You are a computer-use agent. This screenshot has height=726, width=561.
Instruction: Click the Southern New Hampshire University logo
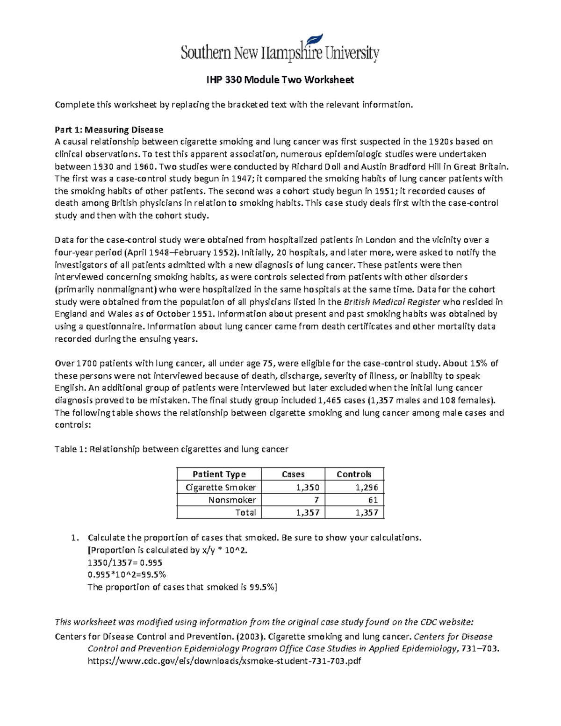[280, 49]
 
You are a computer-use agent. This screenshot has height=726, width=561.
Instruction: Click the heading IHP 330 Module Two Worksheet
[280, 80]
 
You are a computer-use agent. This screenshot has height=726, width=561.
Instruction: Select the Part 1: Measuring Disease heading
[109, 129]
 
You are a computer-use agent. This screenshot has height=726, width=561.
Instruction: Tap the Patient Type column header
[219, 474]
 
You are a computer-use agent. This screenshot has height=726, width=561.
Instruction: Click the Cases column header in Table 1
[293, 474]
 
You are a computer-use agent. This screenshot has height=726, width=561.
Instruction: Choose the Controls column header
[354, 474]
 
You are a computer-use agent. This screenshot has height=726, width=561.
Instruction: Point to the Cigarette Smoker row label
[221, 487]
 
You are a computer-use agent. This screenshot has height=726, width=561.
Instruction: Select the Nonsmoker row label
[232, 500]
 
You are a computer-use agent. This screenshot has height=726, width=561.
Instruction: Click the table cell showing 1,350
[308, 487]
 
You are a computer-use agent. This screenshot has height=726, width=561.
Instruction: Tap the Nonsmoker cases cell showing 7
[316, 500]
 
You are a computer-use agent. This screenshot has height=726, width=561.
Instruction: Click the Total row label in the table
[245, 512]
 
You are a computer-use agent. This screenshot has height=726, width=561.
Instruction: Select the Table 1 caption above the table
[172, 449]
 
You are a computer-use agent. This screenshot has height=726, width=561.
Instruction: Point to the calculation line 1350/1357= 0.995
[125, 562]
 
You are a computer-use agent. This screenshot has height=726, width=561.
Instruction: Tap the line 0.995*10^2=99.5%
[127, 575]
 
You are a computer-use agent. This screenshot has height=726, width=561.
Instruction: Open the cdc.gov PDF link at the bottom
[224, 661]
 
